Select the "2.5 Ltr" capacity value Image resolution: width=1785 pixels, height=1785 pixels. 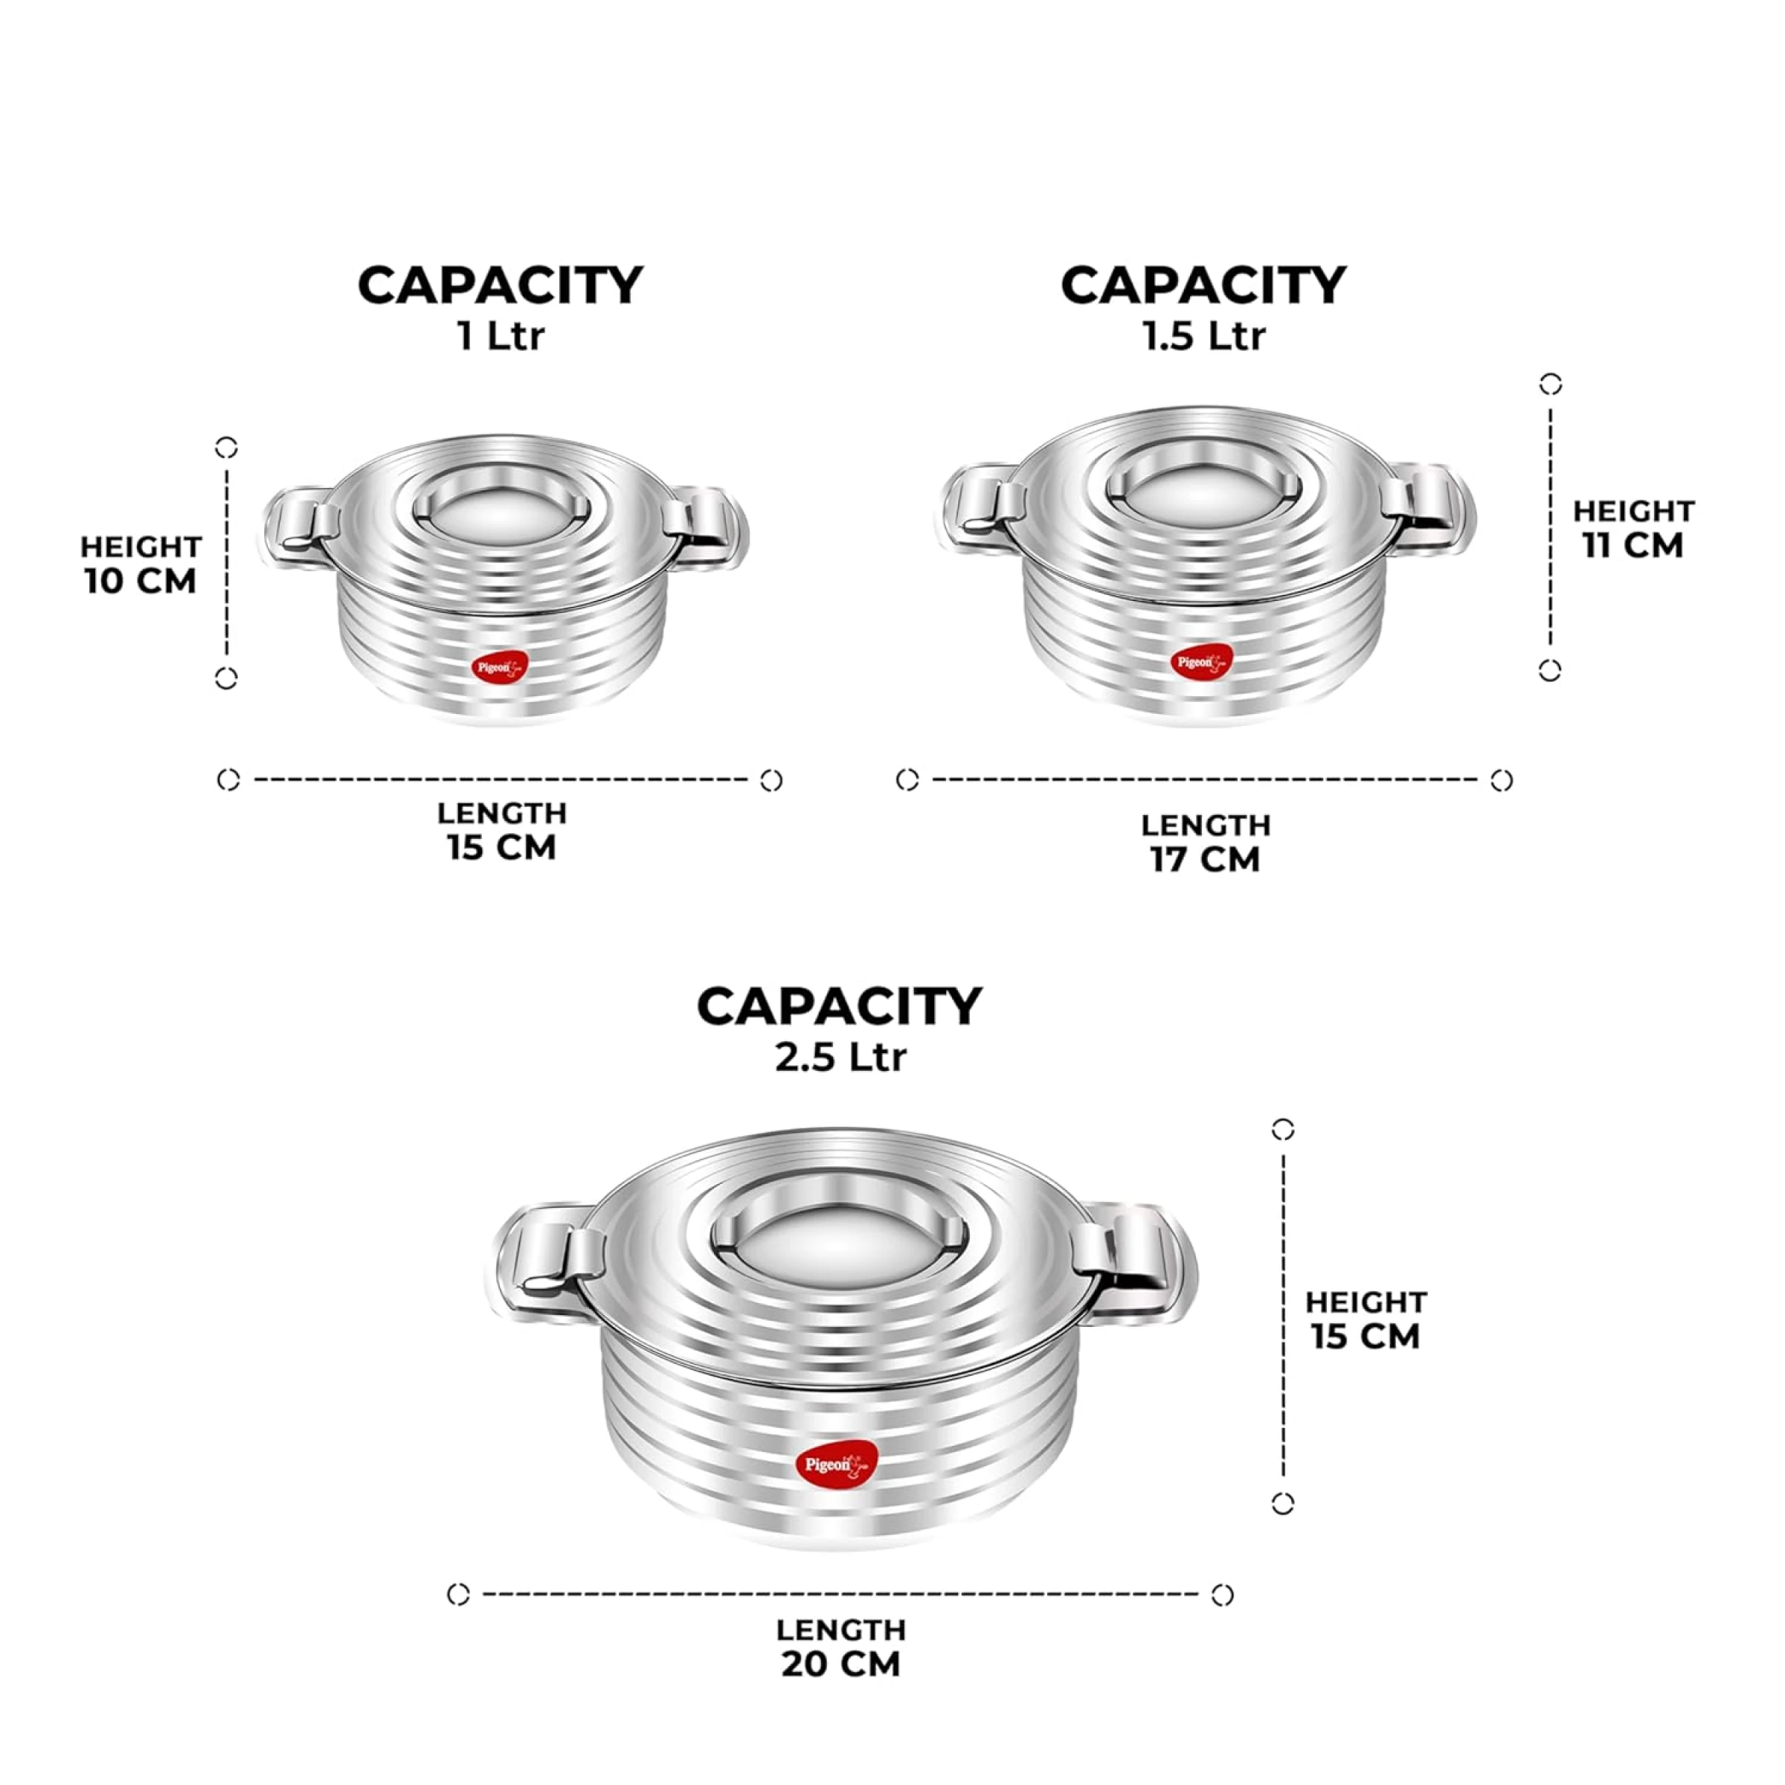pos(840,1055)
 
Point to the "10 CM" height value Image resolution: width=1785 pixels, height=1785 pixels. pos(141,581)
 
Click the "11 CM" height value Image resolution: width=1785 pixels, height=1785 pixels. pos(1633,545)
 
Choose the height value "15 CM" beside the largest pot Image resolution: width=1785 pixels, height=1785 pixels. pos(1366,1336)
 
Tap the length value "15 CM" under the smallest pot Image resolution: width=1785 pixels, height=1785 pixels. pos(502,847)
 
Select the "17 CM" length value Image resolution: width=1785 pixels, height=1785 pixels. pos(1206,859)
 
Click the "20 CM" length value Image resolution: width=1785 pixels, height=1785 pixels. pos(840,1664)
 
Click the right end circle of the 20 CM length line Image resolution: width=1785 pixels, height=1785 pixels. pos(1222,1595)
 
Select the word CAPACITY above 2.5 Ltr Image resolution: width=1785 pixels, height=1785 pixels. pos(840,1006)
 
